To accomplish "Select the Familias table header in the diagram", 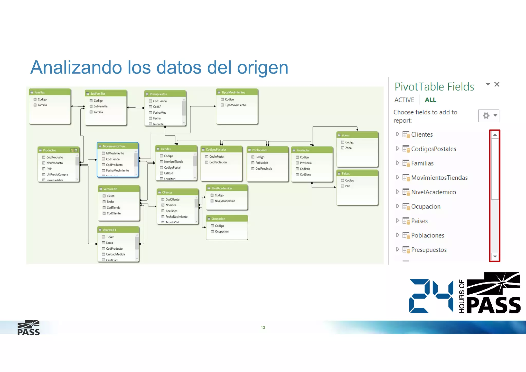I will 40,92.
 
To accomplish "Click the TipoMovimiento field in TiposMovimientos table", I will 235,105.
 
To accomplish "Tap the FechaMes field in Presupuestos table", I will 159,113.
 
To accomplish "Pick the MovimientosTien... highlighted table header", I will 115,146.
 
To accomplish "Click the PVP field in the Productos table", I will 49,169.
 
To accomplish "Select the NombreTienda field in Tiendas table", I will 174,162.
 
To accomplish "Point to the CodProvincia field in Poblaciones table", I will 264,169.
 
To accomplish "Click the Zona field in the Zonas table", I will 348,148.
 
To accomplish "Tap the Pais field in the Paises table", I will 347,186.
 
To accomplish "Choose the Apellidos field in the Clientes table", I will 171,211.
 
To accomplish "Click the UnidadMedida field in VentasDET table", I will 115,254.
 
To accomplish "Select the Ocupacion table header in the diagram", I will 218,219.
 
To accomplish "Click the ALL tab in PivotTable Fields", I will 430,100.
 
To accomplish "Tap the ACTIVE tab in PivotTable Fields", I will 404,100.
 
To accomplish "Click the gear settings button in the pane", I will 486,116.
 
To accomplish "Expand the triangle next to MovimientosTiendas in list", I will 397,177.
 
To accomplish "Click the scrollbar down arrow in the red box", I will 495,256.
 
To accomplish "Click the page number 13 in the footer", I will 263,328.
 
